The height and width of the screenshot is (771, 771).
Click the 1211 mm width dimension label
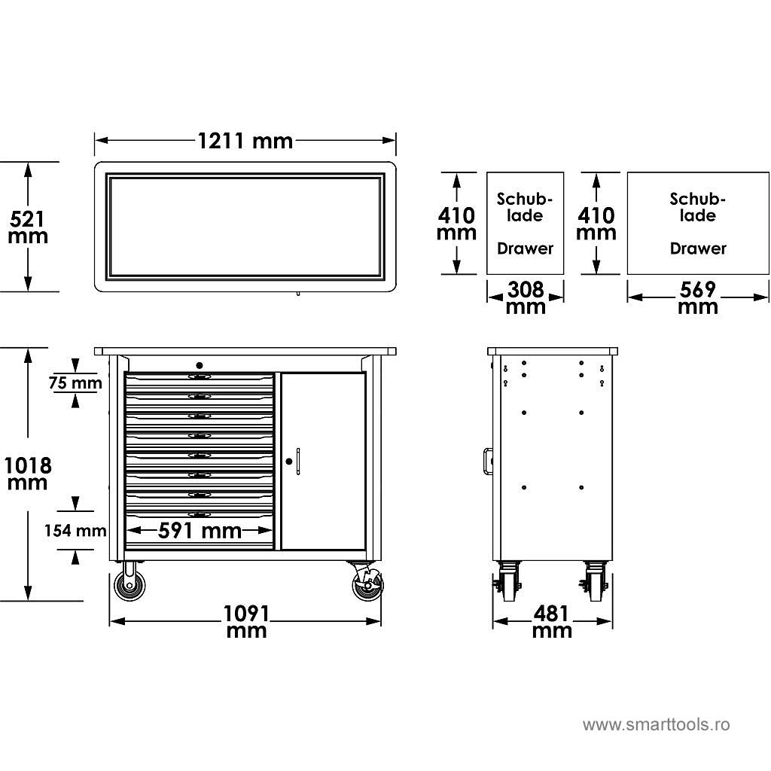click(245, 140)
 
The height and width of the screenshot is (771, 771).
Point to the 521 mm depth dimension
click(28, 227)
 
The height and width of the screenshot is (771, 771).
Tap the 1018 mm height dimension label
click(27, 474)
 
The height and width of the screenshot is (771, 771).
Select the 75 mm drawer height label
click(75, 382)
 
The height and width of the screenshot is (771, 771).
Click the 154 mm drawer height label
click(75, 530)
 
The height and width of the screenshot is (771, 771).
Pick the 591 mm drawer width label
click(200, 530)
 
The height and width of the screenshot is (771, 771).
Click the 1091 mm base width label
click(246, 622)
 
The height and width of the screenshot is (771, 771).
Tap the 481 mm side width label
click(552, 622)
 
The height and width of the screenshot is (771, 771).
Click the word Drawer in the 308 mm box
click(525, 248)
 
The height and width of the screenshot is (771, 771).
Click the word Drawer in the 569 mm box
click(698, 248)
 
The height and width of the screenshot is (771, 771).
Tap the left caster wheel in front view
click(130, 585)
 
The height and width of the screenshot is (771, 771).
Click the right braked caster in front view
click(367, 584)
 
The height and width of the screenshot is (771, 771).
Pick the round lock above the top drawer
click(199, 365)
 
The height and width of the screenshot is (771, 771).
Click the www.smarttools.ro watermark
click(656, 725)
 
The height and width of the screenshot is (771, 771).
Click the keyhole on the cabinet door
click(288, 461)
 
